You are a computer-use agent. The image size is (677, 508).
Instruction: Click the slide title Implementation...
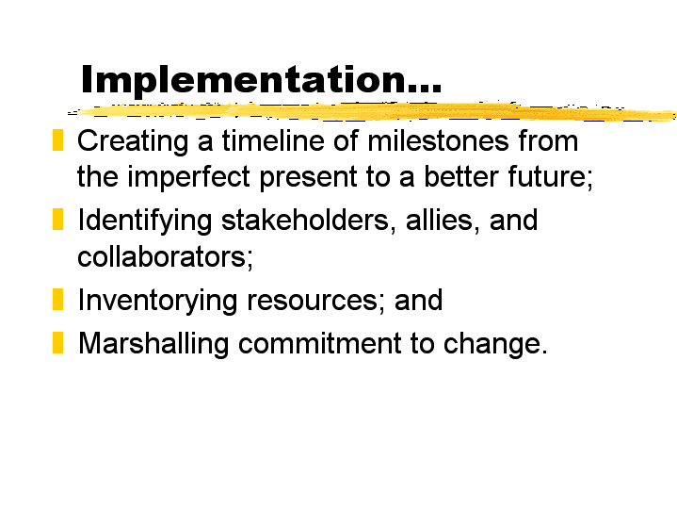261,80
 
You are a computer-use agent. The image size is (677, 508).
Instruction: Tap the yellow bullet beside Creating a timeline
57,140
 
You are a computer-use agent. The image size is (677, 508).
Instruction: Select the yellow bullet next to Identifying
57,220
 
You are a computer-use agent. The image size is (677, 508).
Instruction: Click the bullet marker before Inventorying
57,299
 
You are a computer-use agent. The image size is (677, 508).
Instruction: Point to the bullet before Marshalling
57,342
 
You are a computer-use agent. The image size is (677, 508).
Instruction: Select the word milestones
438,141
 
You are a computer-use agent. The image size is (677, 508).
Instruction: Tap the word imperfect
188,177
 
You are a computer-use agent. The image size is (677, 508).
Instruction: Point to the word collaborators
165,256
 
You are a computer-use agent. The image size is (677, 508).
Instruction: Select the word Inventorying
157,301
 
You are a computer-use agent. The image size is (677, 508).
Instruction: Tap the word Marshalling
153,344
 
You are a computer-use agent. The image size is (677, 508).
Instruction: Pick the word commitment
320,344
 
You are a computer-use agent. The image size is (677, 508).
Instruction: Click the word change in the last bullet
495,344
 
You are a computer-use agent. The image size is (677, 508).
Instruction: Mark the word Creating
133,141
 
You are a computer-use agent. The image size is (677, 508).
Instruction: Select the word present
308,178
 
